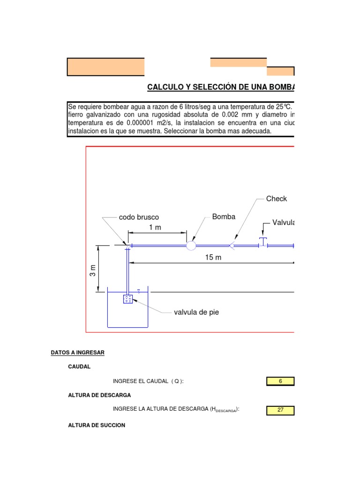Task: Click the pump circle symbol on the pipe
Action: click(191, 245)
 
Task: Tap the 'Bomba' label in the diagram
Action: click(224, 217)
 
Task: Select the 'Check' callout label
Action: click(276, 199)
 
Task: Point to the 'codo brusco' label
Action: click(139, 217)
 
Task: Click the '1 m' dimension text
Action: click(155, 227)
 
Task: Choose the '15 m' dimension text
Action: click(213, 257)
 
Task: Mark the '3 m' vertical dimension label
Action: click(93, 270)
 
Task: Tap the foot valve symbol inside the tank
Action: click(127, 299)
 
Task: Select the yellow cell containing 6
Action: click(280, 381)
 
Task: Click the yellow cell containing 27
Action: click(280, 410)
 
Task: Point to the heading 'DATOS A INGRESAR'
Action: click(77, 352)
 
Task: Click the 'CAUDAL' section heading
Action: click(80, 367)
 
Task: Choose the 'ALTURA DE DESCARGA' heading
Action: click(99, 396)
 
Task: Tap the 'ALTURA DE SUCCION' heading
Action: click(97, 425)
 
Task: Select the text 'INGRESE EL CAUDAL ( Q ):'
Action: click(148, 382)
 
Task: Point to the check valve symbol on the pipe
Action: click(232, 245)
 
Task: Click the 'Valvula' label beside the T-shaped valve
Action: click(283, 222)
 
